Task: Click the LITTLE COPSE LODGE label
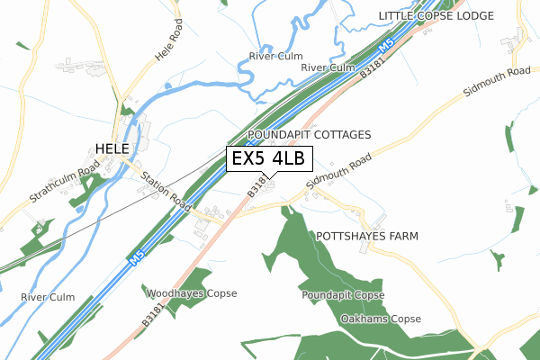(x=436, y=16)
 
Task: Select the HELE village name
(x=112, y=148)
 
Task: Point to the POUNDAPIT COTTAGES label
(x=309, y=134)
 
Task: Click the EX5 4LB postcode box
(x=269, y=159)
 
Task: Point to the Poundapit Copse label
(x=343, y=295)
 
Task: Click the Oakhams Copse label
(x=381, y=319)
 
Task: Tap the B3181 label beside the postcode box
(x=255, y=187)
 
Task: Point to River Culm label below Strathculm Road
(x=49, y=297)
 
